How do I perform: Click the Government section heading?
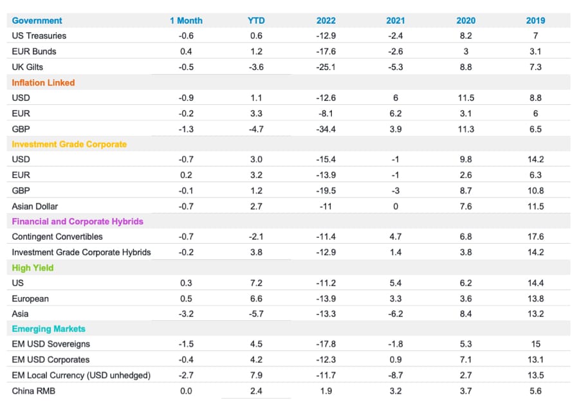(37, 21)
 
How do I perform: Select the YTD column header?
(256, 21)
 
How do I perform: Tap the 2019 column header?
(535, 21)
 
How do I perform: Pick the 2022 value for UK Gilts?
(326, 67)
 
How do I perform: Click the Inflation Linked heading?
(43, 82)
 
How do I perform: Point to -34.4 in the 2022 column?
(326, 129)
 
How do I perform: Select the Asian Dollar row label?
(35, 206)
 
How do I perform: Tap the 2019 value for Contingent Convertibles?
(535, 237)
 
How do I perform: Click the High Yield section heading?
(32, 268)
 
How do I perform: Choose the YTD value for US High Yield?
(256, 283)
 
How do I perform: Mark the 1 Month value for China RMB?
(185, 390)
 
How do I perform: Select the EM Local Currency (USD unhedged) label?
(81, 375)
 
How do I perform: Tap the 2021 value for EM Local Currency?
(396, 375)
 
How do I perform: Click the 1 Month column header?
(186, 21)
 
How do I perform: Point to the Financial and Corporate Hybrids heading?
(77, 221)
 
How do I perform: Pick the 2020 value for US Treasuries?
(466, 36)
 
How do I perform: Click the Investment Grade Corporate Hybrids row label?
(81, 252)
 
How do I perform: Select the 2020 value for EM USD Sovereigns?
(466, 344)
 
